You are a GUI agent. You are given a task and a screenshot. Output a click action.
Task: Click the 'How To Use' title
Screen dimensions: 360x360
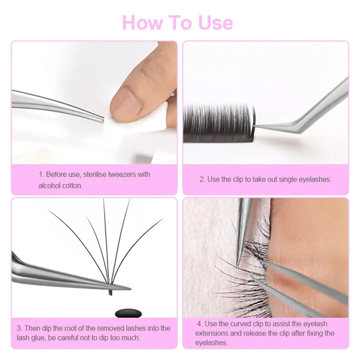177,22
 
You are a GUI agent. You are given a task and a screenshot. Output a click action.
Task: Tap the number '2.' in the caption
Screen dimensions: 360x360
202,179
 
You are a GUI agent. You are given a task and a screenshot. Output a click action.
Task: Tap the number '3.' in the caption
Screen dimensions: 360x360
19,328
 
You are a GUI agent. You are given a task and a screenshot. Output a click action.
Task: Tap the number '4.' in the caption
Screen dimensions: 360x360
199,324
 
